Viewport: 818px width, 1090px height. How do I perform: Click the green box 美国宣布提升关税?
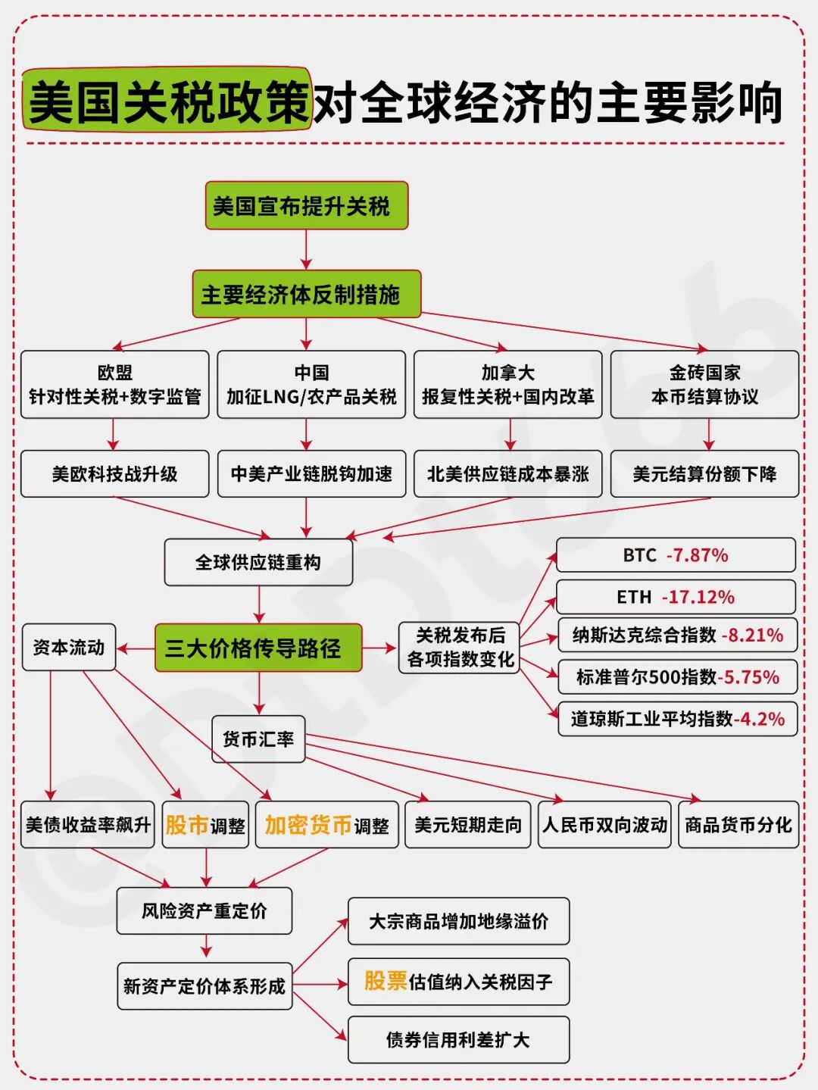click(306, 205)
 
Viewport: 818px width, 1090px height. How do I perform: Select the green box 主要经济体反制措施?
click(306, 294)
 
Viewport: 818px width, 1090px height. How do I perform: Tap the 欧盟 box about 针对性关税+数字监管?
click(114, 384)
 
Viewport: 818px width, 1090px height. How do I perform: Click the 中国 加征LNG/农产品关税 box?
click(311, 384)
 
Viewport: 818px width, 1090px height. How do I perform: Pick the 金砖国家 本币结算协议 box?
click(704, 384)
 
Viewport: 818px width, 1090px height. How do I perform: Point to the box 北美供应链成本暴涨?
click(507, 474)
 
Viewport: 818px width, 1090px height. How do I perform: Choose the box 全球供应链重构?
click(258, 562)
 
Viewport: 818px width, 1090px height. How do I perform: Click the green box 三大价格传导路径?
click(258, 648)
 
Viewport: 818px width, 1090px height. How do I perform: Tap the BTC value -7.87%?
click(697, 555)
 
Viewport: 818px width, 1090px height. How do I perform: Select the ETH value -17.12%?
click(698, 597)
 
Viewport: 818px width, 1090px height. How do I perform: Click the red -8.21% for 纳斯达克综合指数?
click(752, 635)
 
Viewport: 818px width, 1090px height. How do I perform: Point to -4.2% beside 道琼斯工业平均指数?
click(759, 719)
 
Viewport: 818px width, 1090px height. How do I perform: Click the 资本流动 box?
click(69, 647)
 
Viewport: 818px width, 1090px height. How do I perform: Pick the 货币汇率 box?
click(258, 739)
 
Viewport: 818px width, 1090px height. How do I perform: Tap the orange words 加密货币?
click(308, 825)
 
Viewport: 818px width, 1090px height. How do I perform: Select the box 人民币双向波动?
click(604, 825)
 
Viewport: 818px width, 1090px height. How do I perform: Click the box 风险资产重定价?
click(204, 910)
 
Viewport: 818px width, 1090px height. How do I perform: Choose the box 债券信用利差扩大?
click(458, 1040)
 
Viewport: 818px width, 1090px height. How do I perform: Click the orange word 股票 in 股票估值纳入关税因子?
click(386, 981)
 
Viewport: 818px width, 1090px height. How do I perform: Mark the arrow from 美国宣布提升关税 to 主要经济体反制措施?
click(306, 249)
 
